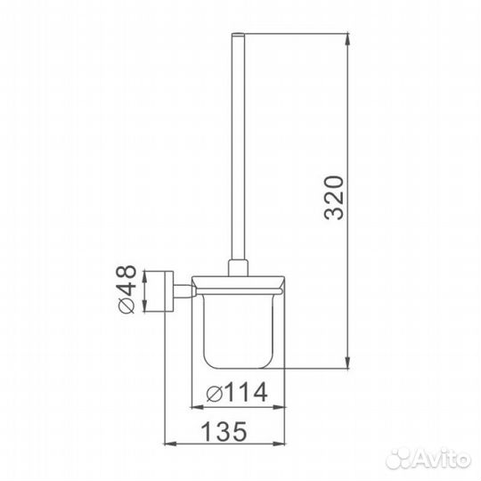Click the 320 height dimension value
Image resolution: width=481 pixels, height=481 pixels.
333,198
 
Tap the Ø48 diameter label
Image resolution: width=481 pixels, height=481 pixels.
126,289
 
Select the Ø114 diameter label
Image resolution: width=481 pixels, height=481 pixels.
237,392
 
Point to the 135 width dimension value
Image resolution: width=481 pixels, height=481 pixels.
224,431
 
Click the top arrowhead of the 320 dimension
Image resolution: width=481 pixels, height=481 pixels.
347,38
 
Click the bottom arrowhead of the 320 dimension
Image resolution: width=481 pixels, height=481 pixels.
347,363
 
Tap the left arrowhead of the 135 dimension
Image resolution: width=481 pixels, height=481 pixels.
170,444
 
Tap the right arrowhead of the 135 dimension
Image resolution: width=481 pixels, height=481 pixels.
279,444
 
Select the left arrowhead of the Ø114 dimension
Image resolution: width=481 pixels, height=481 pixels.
197,407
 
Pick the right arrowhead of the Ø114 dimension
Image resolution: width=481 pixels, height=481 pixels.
279,407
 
